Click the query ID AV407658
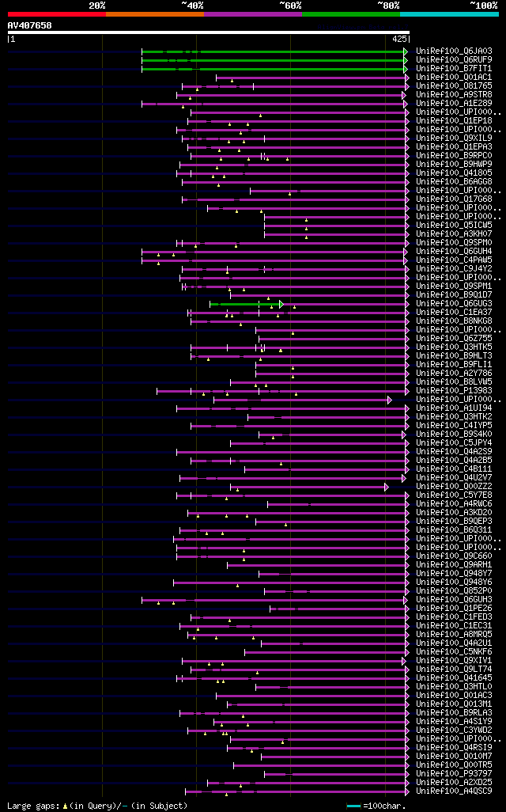(x=29, y=25)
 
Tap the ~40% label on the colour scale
(x=192, y=6)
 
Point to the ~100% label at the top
(x=483, y=6)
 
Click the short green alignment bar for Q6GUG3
(x=245, y=304)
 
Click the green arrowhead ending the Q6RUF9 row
(x=406, y=59)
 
